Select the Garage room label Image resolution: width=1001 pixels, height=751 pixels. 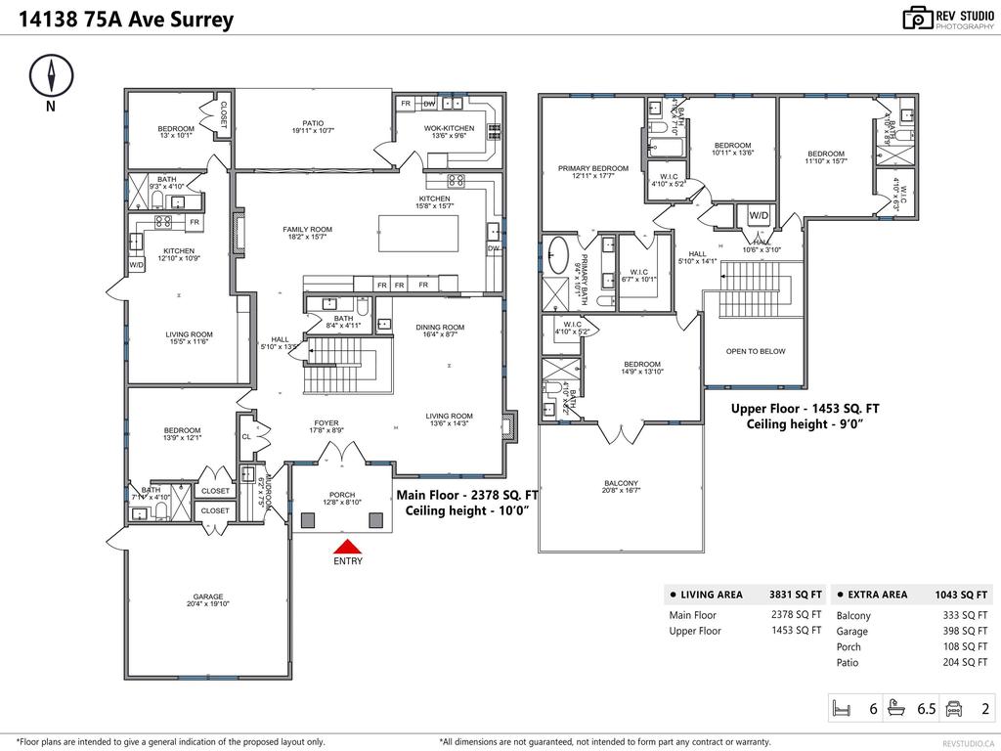[207, 596]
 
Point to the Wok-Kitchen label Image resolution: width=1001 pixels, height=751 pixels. [449, 128]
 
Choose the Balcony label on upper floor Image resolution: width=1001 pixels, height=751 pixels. [621, 483]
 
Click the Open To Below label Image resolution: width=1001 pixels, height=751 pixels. [755, 351]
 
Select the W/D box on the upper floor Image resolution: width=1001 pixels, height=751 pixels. [759, 215]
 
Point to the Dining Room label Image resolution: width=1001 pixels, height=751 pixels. [440, 328]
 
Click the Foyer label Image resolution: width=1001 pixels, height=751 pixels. [326, 423]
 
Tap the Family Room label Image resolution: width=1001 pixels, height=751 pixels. [307, 230]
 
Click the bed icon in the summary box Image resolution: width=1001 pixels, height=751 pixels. [842, 708]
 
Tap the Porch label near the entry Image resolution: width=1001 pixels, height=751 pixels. [341, 495]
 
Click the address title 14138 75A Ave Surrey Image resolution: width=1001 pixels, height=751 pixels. [124, 20]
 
